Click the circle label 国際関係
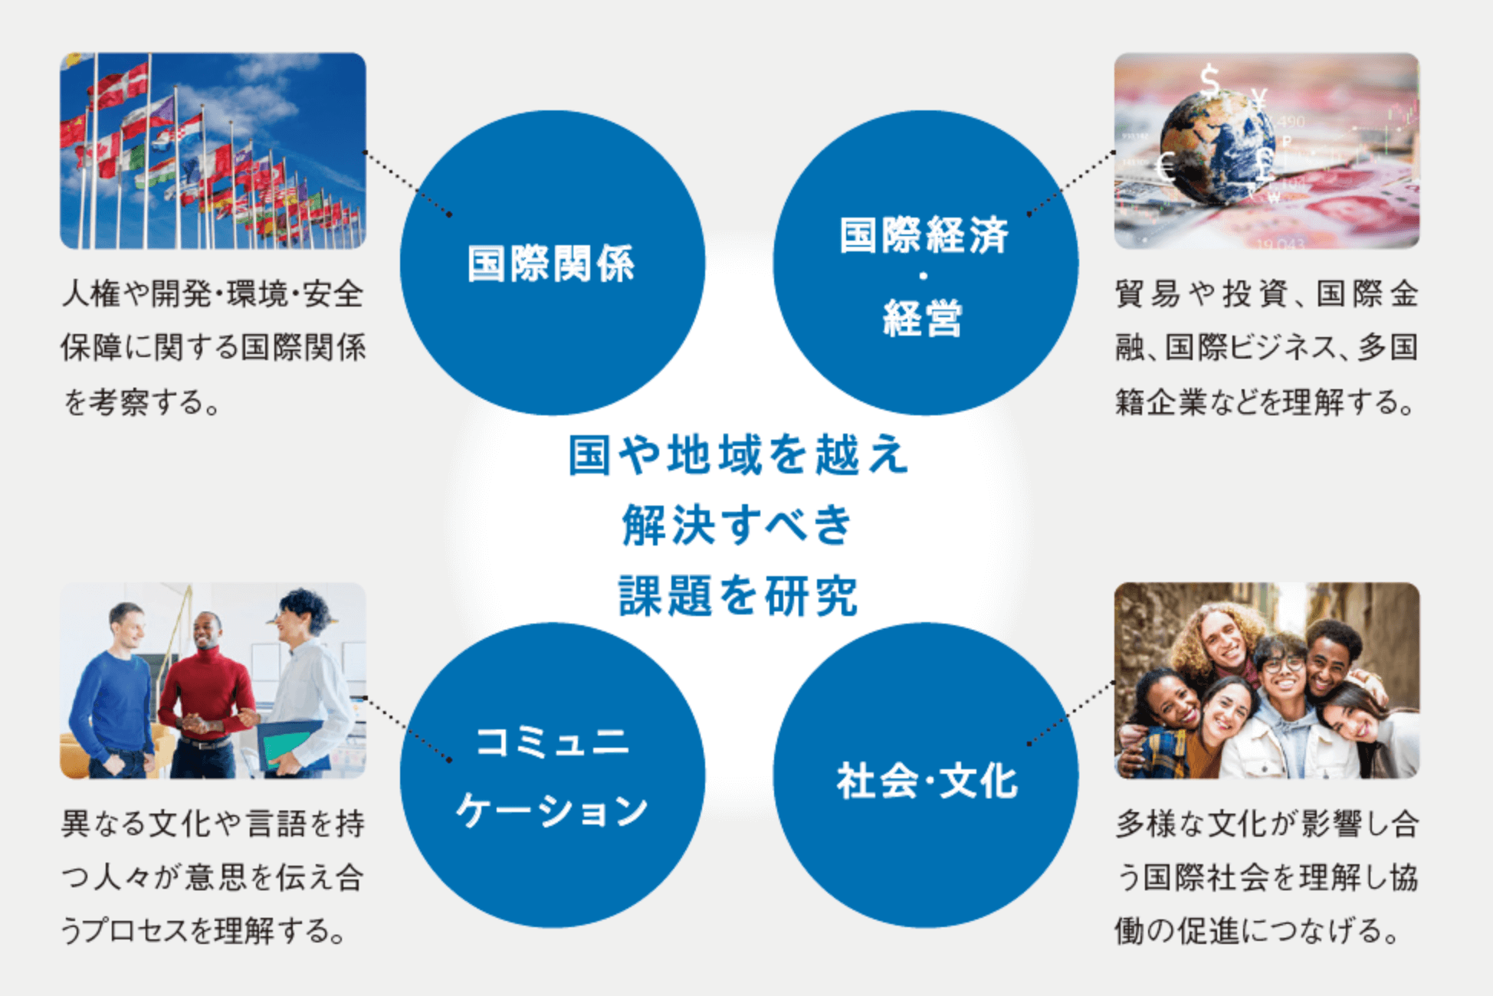click(x=552, y=264)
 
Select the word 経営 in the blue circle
click(x=923, y=318)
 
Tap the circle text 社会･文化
click(x=927, y=781)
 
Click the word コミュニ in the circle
click(x=553, y=742)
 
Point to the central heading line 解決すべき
click(x=737, y=526)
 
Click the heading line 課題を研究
click(x=737, y=596)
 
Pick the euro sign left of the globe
click(x=1166, y=166)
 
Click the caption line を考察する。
click(x=143, y=401)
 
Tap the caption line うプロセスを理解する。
click(x=204, y=931)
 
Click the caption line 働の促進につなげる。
click(x=1258, y=931)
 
